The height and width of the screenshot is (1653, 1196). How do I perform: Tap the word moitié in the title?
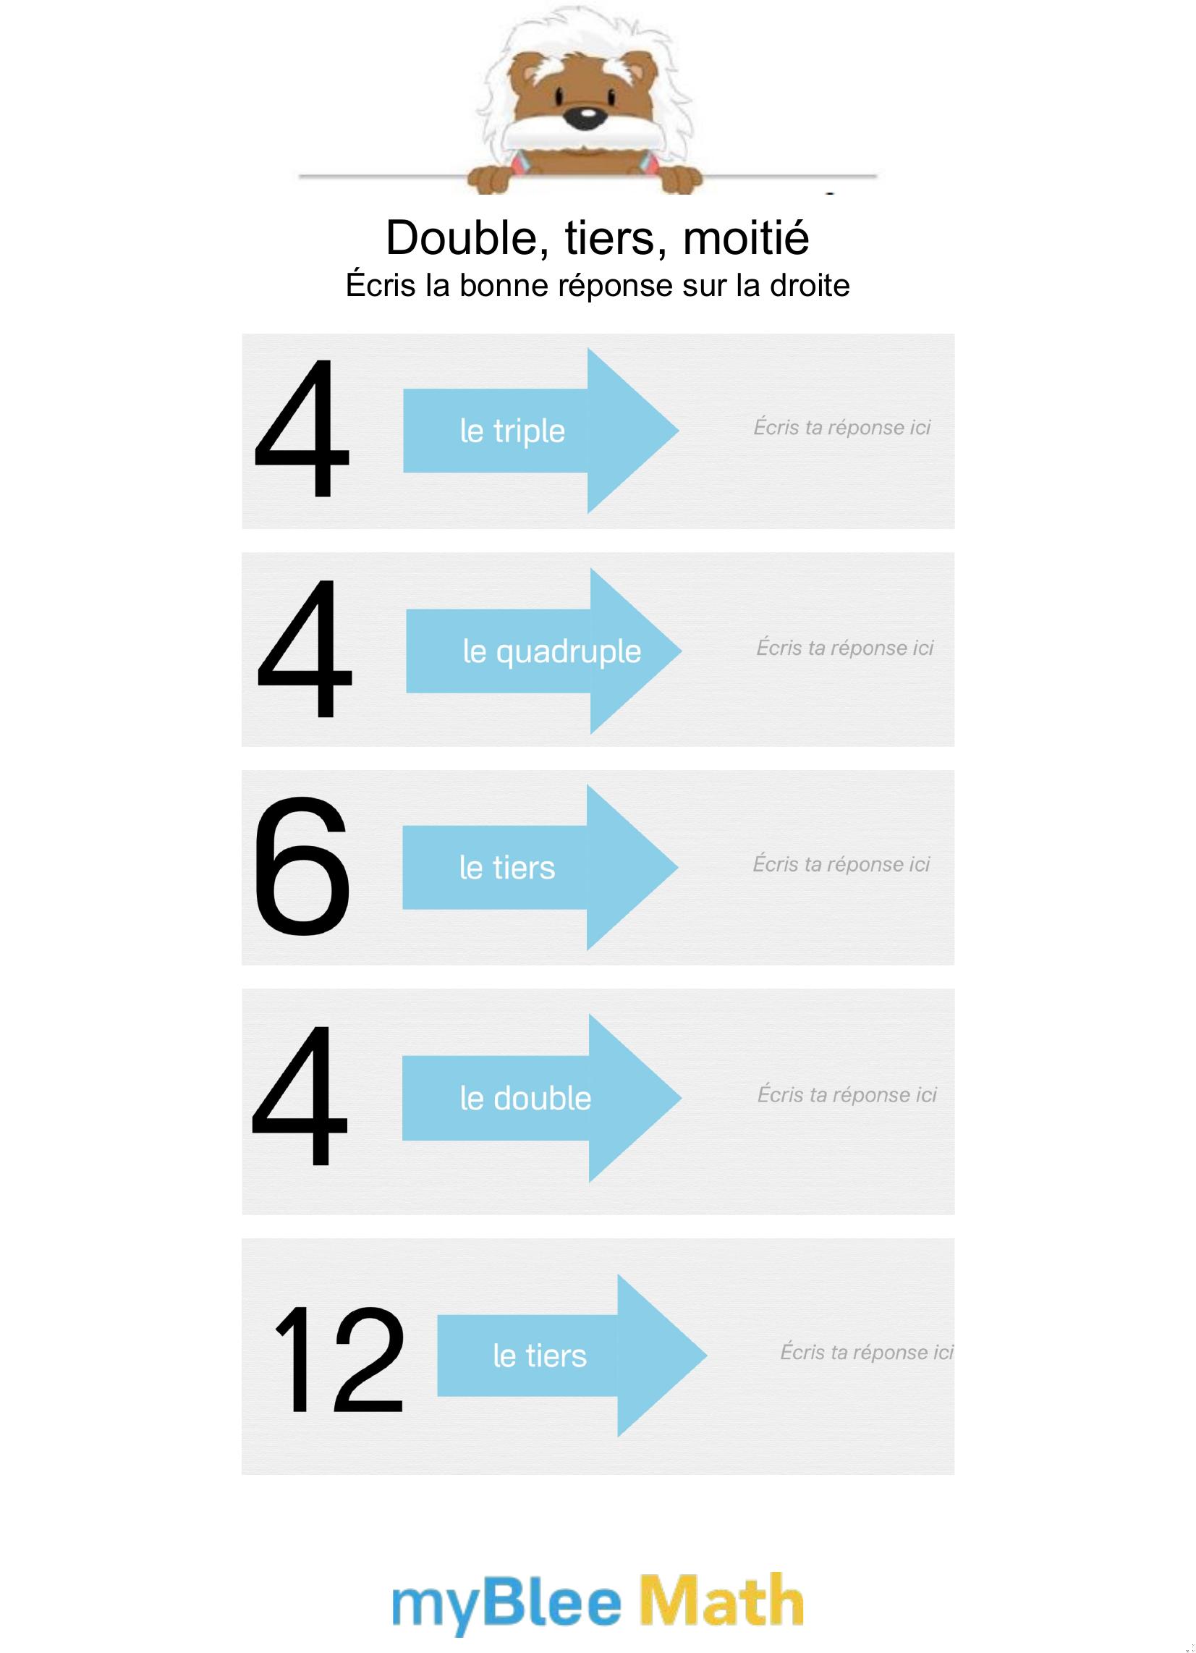point(745,237)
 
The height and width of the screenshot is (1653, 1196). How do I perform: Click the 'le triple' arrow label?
point(512,431)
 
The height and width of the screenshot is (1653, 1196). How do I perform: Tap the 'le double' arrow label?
point(525,1099)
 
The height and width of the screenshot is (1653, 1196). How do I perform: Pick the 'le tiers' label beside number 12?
point(539,1356)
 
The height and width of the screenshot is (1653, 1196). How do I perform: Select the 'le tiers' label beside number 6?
point(507,868)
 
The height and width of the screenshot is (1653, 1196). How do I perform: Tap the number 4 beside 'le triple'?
point(301,428)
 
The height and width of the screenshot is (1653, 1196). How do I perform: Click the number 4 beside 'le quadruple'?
point(304,648)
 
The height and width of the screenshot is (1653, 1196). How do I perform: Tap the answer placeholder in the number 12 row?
point(867,1352)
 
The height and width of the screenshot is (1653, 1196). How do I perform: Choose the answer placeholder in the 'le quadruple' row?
point(844,647)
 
